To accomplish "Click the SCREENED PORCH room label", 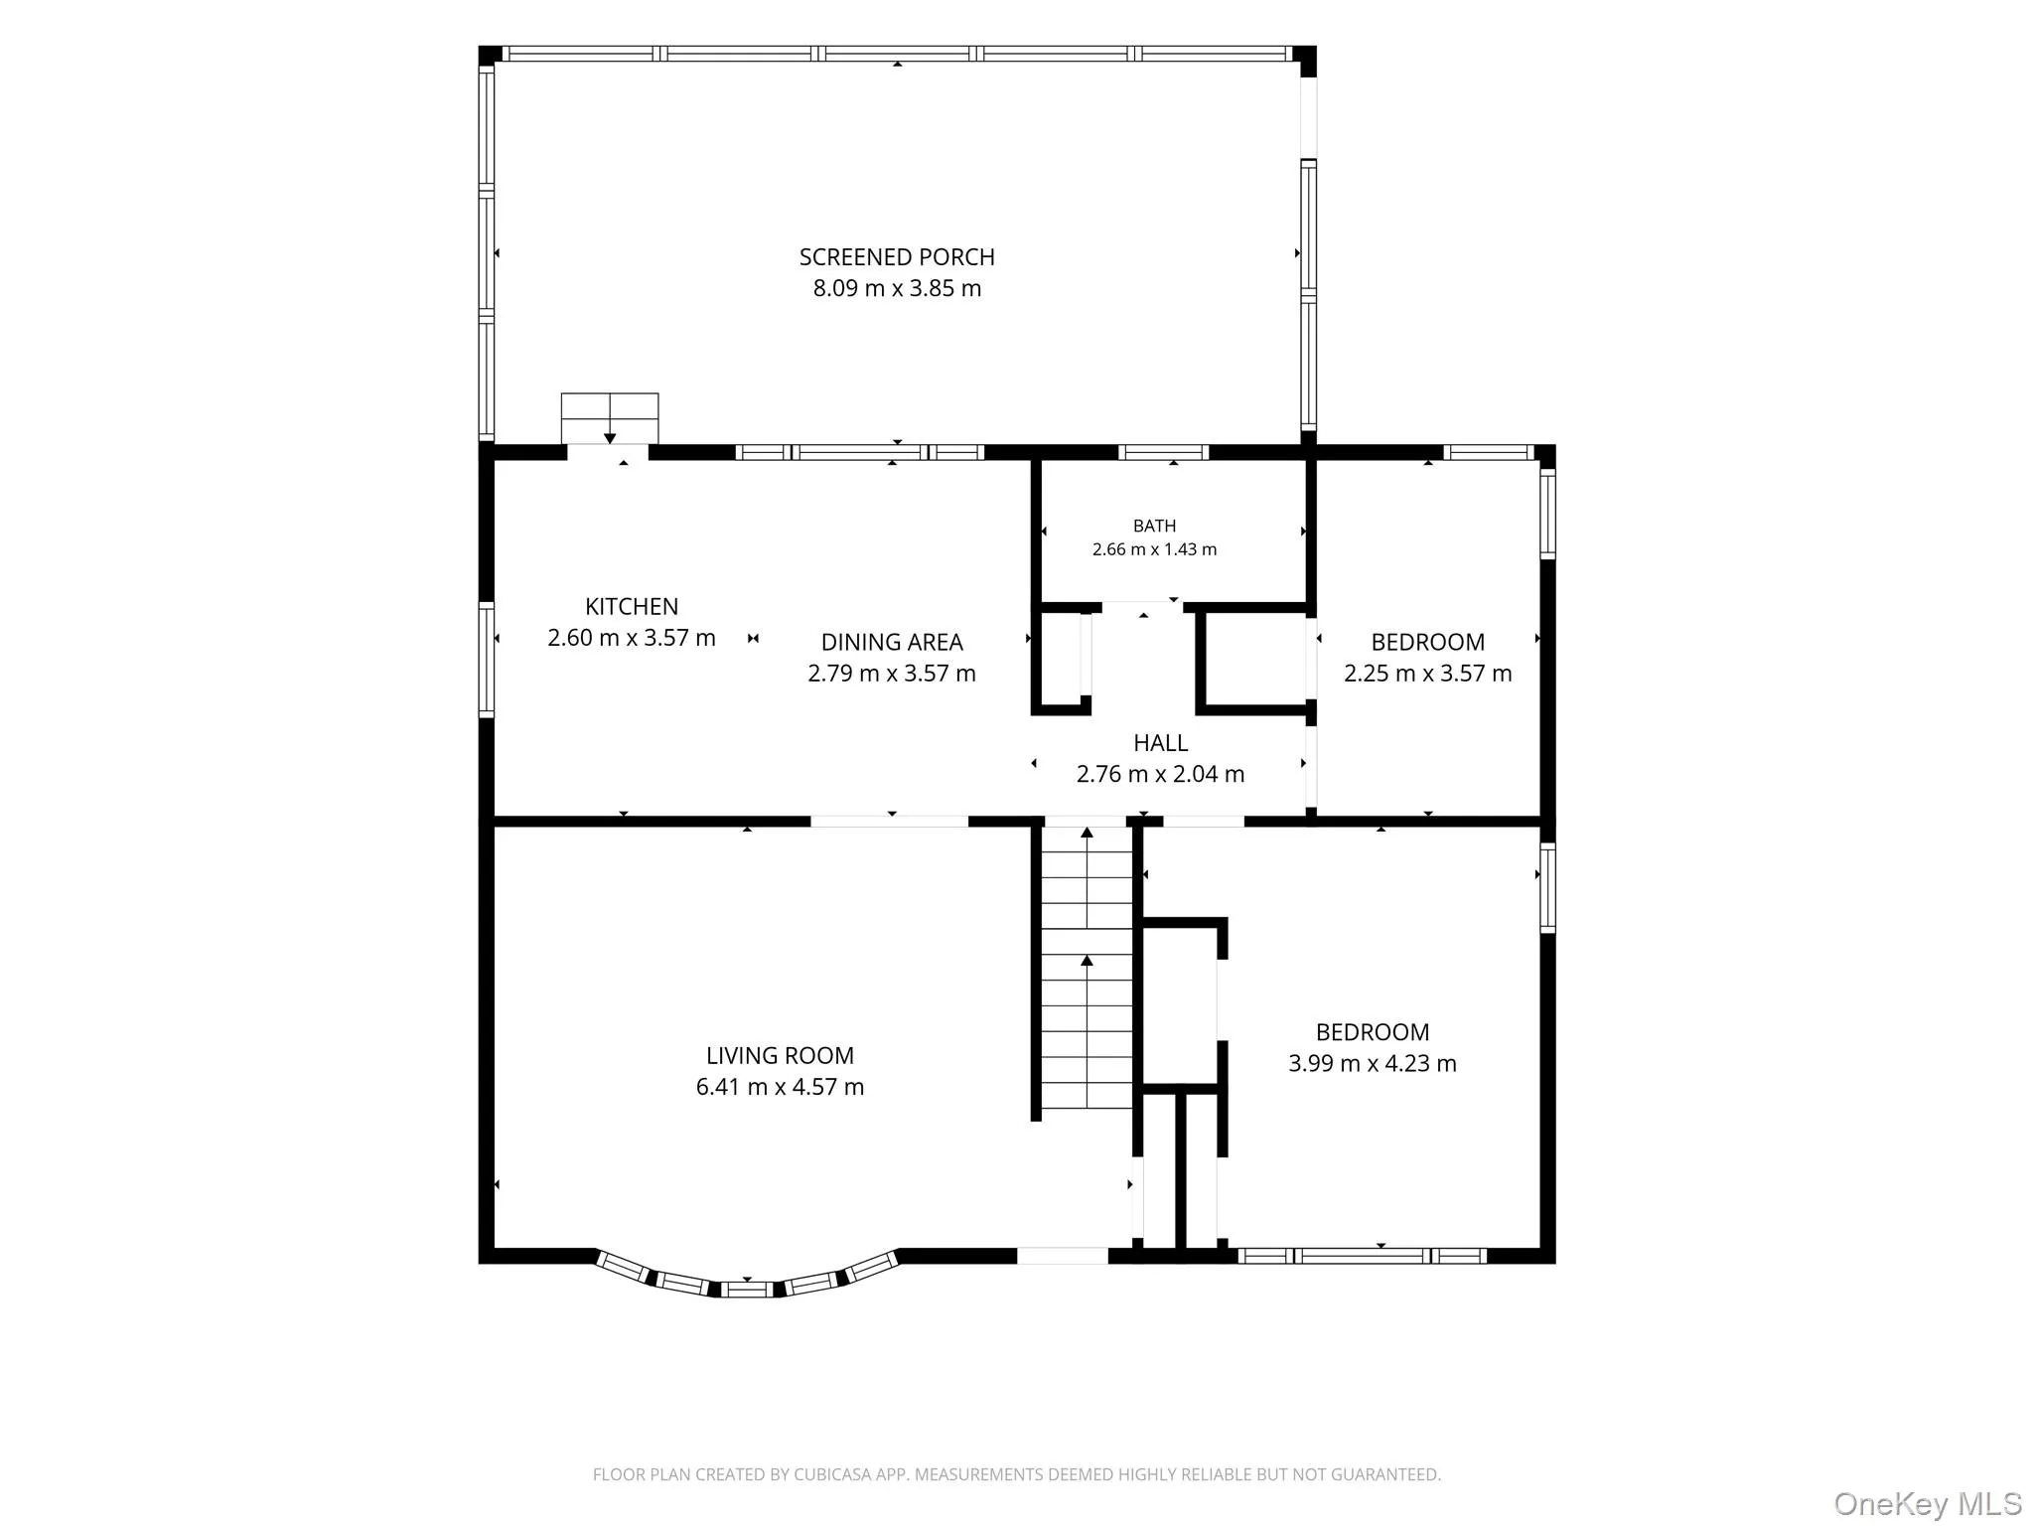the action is [897, 257].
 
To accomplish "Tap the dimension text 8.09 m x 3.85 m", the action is [897, 289].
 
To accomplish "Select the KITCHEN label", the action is [632, 607].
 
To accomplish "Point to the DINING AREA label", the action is [892, 643].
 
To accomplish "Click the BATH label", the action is [1154, 527].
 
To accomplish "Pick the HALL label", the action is [1160, 743].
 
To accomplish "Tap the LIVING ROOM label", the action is [780, 1056].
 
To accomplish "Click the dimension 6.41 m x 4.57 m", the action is [780, 1087].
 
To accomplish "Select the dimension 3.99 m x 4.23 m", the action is [1373, 1064].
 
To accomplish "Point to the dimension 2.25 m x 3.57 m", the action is [1428, 674].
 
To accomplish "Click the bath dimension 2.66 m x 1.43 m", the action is [1154, 549].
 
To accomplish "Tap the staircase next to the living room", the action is [1087, 967].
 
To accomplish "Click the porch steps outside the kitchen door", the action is [610, 418].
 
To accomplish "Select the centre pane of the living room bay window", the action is [747, 1290].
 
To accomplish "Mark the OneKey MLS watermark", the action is [1928, 1503].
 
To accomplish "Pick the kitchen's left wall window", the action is [487, 659].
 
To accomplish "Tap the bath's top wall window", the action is [1164, 453].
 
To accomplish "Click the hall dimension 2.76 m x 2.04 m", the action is [1160, 774].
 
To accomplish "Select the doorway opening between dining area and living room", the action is [890, 822].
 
